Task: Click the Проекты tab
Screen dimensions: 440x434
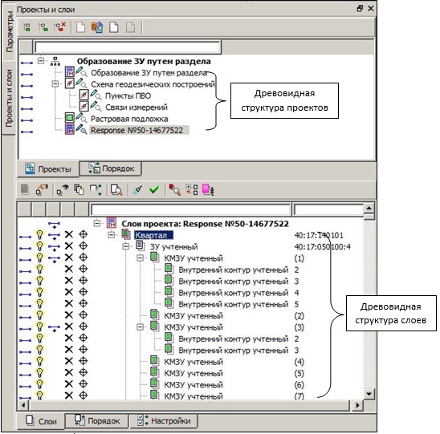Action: (x=48, y=169)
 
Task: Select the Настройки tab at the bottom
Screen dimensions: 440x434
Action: (x=164, y=421)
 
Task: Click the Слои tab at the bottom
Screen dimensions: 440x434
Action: (x=41, y=421)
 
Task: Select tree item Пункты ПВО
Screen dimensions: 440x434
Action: (x=128, y=96)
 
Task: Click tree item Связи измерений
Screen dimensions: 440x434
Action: (x=136, y=107)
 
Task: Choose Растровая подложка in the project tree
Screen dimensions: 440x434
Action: (x=129, y=119)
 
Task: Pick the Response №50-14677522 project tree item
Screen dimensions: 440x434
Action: (x=137, y=131)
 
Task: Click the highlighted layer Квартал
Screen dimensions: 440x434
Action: (x=153, y=235)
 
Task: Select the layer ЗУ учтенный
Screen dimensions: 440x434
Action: (x=173, y=247)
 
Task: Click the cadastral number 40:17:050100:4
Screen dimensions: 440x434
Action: (x=323, y=247)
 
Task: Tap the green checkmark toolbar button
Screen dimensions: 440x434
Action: (x=154, y=190)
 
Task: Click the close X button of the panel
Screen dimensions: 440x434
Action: (x=371, y=9)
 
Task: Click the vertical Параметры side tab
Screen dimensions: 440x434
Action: (x=9, y=31)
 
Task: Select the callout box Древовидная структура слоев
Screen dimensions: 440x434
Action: (x=391, y=314)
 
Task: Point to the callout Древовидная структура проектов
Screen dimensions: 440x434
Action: (x=284, y=100)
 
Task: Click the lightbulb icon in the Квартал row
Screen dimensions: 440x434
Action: (x=40, y=235)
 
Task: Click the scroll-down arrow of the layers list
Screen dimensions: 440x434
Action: (x=369, y=394)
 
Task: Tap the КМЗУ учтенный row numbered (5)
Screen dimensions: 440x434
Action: (x=194, y=374)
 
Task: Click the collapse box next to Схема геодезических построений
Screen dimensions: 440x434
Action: (x=55, y=83)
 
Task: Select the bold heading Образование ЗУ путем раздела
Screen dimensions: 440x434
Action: (x=144, y=62)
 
